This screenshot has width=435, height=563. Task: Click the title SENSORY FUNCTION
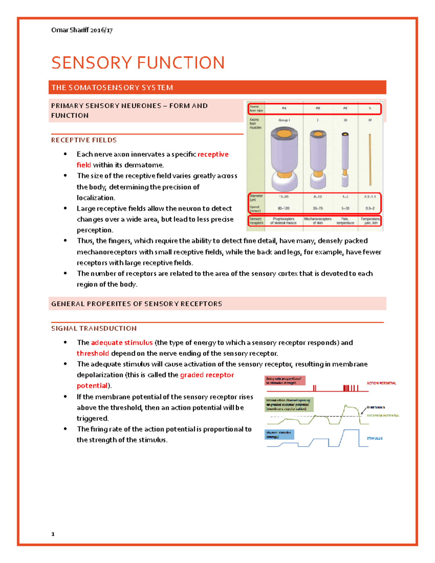138,63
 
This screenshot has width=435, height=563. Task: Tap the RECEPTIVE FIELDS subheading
84,140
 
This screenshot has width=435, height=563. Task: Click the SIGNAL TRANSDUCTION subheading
94,328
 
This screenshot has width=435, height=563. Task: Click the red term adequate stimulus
122,343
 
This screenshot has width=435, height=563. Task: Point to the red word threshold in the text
93,353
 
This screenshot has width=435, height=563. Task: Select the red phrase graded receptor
207,375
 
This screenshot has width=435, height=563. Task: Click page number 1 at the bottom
53,534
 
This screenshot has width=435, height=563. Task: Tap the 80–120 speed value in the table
283,208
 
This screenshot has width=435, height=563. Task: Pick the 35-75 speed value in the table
318,208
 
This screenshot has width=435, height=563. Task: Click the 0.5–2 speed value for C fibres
370,208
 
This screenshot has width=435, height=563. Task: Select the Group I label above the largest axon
284,120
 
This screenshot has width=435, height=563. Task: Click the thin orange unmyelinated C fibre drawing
370,160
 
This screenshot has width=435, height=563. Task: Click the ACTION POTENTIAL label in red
381,383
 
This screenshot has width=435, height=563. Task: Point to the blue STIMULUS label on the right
374,438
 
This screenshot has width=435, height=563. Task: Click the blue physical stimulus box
279,434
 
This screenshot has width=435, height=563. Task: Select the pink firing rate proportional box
285,381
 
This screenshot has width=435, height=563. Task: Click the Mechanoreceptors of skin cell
318,221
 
